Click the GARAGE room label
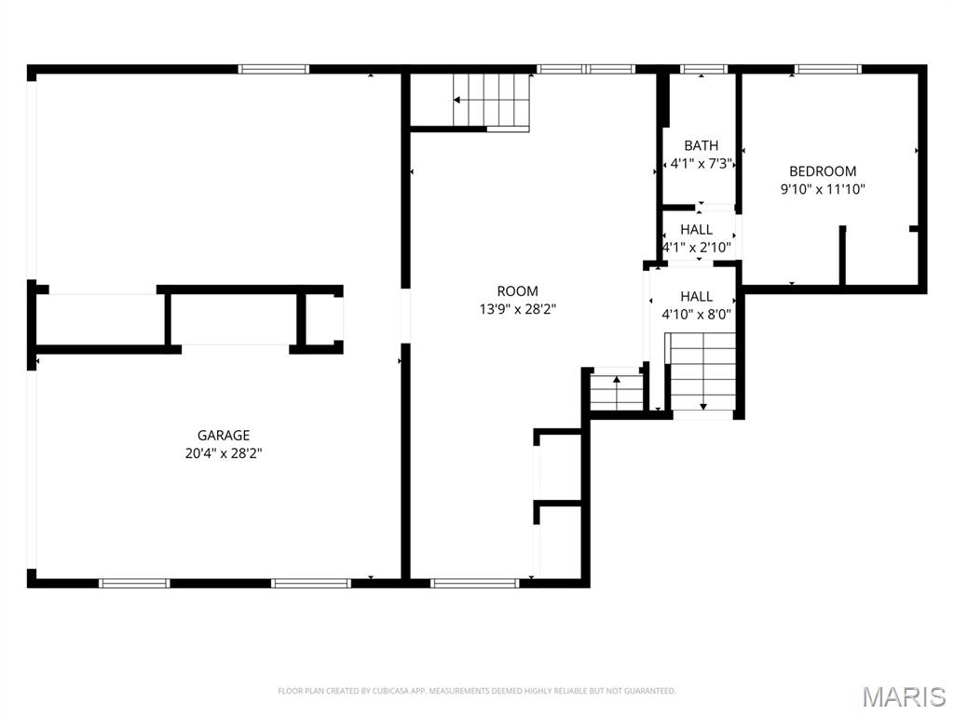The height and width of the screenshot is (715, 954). (x=224, y=435)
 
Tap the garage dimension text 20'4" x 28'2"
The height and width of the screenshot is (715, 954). (x=224, y=453)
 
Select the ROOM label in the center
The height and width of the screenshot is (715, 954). (x=517, y=291)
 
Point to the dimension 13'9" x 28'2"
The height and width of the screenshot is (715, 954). (x=517, y=309)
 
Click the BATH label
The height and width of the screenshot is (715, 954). (x=701, y=145)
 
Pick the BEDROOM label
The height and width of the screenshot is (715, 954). (x=823, y=171)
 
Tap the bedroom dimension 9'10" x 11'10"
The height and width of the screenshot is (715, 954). (x=823, y=189)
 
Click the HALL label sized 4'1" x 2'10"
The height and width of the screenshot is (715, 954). (x=697, y=229)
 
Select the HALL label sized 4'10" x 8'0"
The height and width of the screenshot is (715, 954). (x=696, y=296)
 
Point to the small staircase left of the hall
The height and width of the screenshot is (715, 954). (x=617, y=391)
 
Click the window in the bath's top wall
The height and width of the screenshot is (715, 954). (x=703, y=69)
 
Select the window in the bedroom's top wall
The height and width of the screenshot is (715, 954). (x=827, y=69)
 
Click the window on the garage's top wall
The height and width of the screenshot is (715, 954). (x=273, y=69)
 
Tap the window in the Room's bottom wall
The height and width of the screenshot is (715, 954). (x=474, y=584)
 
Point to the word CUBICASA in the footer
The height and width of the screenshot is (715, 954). (x=379, y=691)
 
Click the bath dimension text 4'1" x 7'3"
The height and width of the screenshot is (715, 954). (x=701, y=164)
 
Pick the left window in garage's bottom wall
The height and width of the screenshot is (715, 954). (x=134, y=584)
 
